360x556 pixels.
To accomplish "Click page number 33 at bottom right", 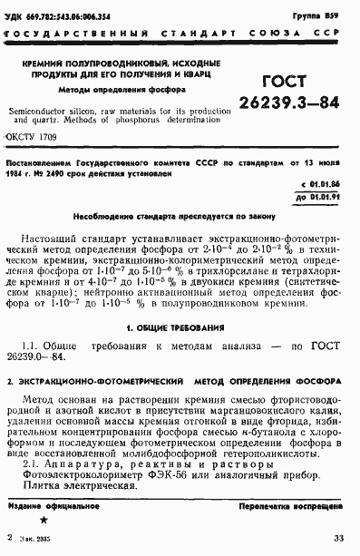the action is (339, 539).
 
